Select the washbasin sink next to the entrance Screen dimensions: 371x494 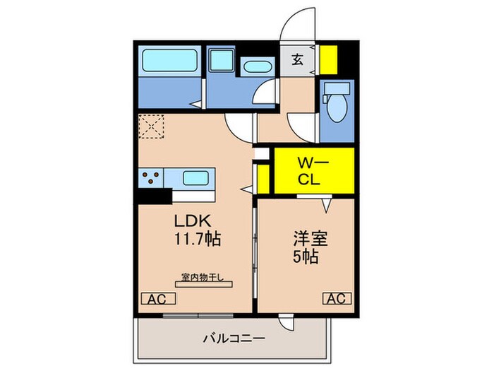click(x=255, y=67)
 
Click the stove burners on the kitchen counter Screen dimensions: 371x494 click(x=151, y=177)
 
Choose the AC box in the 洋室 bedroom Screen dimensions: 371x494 click(x=337, y=298)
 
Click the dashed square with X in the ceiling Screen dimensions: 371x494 click(x=151, y=127)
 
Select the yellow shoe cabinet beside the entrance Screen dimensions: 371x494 click(x=329, y=60)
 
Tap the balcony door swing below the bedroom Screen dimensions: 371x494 click(x=285, y=323)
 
